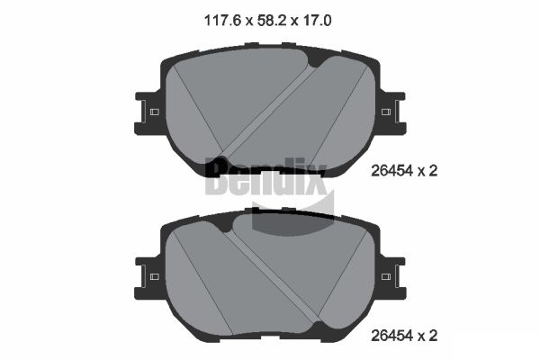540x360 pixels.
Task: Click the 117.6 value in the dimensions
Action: pyautogui.click(x=222, y=21)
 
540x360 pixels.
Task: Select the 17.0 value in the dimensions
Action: pyautogui.click(x=318, y=21)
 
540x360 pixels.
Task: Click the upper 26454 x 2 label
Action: pyautogui.click(x=404, y=170)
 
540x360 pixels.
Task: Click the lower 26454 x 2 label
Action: pyautogui.click(x=404, y=336)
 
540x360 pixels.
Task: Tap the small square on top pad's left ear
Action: pyautogui.click(x=155, y=112)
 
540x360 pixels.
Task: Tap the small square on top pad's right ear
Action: pyautogui.click(x=386, y=112)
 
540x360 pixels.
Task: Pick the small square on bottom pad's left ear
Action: pyautogui.click(x=155, y=276)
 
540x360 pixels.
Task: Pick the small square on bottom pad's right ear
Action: pyautogui.click(x=386, y=276)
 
